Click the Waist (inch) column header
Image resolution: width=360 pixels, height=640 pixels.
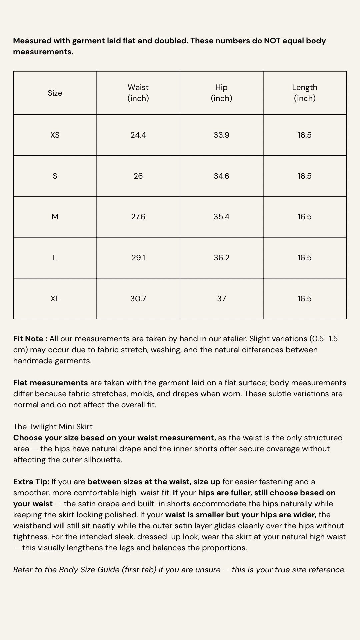138,93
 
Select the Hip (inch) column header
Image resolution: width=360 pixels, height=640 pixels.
221,93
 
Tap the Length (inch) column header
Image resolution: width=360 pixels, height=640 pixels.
305,93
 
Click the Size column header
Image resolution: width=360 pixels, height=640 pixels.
55,93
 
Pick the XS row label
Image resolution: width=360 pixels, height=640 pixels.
55,135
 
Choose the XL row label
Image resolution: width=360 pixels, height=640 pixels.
55,299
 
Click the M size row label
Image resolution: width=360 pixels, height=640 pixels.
55,217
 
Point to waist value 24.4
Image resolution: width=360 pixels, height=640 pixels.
138,135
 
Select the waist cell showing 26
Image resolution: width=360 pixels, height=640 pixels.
138,176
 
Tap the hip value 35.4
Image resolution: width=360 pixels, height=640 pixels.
221,217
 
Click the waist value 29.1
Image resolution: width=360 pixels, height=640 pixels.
138,258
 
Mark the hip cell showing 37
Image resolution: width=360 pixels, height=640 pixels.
221,299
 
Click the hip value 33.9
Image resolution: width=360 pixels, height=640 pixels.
221,135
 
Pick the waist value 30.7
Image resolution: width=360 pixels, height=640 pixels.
138,299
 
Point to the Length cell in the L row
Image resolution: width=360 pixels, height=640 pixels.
305,258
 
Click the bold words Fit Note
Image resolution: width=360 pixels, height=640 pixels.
29,339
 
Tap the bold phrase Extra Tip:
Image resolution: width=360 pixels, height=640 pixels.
31,482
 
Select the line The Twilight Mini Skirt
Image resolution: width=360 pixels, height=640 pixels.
53,427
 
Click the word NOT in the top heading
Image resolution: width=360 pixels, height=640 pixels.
272,41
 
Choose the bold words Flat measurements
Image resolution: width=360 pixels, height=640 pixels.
50,383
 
